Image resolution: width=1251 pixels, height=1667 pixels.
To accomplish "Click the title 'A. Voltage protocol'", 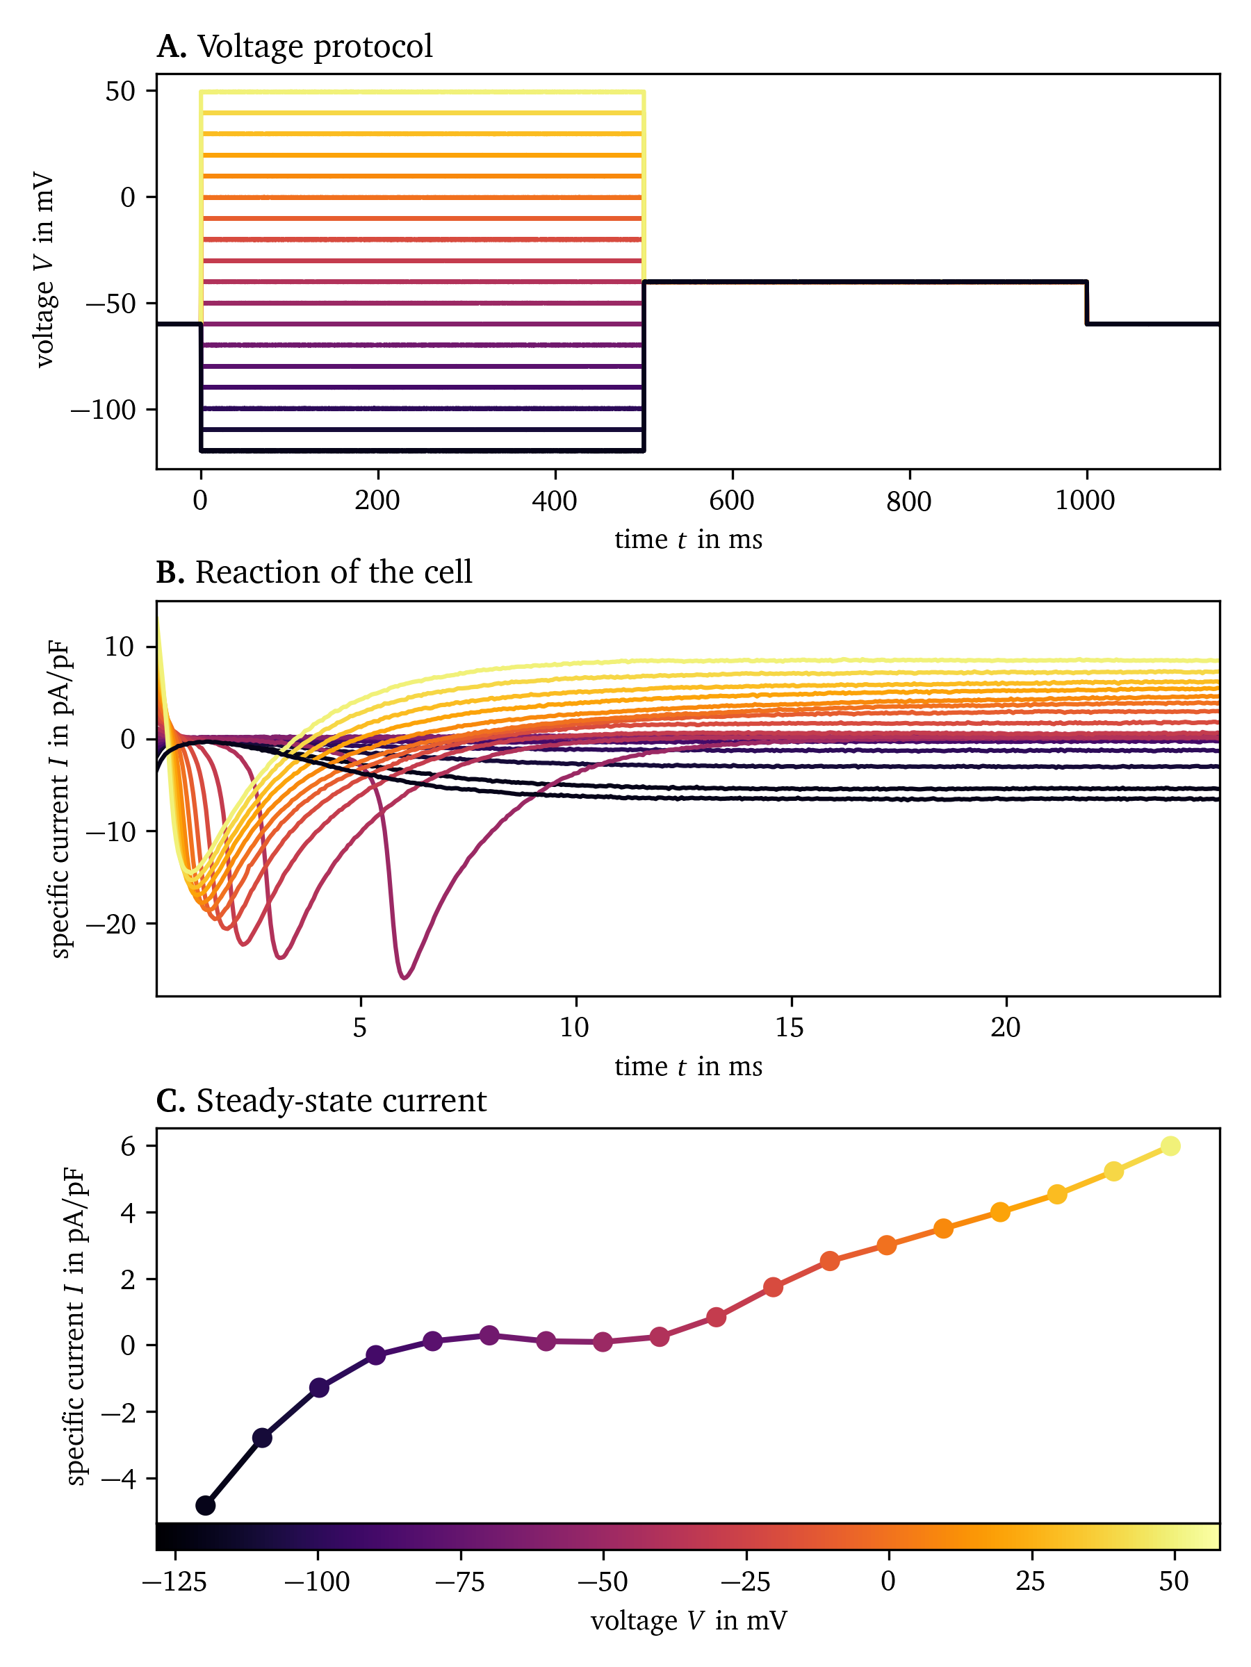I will [294, 47].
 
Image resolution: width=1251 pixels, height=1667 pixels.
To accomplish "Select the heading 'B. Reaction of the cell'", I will [313, 573].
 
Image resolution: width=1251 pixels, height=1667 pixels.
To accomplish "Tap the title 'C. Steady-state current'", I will [321, 1101].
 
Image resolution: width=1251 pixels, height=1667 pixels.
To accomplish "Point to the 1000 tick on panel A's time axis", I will [1084, 500].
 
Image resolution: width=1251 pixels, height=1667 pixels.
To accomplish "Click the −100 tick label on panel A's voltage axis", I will [103, 410].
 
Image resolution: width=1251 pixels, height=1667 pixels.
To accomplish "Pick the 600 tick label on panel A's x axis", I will [731, 500].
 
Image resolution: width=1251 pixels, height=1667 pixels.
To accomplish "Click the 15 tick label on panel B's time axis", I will [790, 1027].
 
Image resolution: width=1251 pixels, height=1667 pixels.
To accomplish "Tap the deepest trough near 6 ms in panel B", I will [405, 977].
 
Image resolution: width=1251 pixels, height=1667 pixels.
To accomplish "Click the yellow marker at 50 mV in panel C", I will [1170, 1146].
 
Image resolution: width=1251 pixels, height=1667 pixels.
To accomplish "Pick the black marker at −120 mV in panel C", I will [205, 1506].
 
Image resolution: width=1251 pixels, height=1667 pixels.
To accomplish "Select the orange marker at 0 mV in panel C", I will [887, 1245].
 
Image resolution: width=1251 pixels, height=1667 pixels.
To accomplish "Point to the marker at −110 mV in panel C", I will [261, 1438].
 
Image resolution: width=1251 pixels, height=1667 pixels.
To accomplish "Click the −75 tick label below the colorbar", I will [460, 1581].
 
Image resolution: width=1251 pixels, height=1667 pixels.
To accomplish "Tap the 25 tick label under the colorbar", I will [1030, 1581].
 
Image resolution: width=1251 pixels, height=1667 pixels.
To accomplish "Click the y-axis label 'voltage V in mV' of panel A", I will [44, 269].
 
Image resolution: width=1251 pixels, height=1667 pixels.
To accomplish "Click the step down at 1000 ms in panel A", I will [1086, 303].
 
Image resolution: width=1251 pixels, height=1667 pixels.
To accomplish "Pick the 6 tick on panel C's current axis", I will [127, 1146].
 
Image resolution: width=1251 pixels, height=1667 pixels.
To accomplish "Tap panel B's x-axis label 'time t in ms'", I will [689, 1066].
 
